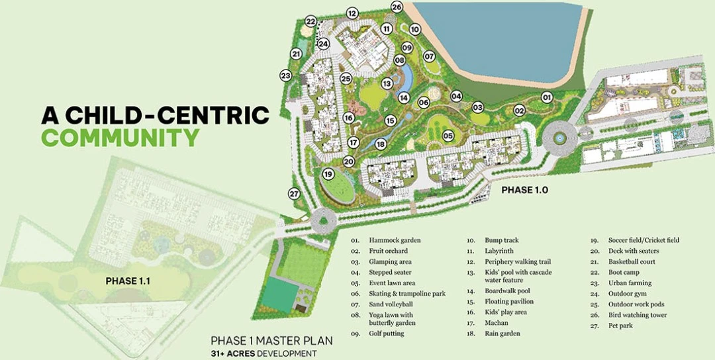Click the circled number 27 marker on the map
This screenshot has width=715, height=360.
tap(295, 194)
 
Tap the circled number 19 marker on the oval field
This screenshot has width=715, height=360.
tap(328, 174)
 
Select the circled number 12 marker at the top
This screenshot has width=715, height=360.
tap(352, 13)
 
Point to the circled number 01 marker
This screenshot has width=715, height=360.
tap(546, 97)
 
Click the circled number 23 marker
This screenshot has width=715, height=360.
tap(286, 75)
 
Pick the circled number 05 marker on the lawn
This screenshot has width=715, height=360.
tap(448, 136)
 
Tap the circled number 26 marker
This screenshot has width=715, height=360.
tap(397, 7)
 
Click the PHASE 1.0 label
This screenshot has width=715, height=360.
tap(525, 190)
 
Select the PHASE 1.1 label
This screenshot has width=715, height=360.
tap(128, 281)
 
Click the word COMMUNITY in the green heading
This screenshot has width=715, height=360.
tap(120, 138)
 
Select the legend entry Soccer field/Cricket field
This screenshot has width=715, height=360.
tap(643, 240)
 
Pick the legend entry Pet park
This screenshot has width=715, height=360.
tap(619, 326)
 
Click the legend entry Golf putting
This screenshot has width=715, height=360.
tap(387, 334)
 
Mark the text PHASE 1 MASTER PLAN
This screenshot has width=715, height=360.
tap(271, 341)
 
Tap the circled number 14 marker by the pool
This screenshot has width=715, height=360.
tap(403, 97)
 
